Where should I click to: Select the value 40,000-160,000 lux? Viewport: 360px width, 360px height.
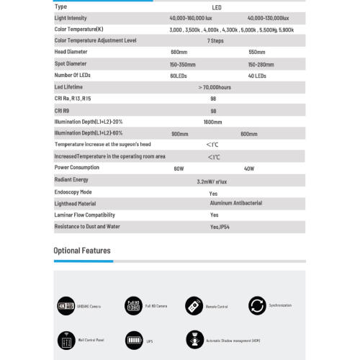click(194, 17)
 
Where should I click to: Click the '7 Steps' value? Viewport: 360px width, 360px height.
click(214, 40)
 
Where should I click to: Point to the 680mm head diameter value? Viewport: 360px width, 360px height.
click(179, 52)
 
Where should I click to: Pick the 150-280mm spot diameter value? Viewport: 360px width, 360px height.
click(261, 63)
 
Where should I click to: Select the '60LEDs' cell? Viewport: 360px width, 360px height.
click(179, 75)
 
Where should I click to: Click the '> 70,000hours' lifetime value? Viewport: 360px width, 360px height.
click(214, 86)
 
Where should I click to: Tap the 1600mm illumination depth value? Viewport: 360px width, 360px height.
click(213, 122)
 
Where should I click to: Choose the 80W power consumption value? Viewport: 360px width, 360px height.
click(179, 168)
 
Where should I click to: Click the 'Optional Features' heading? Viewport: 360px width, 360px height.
click(82, 251)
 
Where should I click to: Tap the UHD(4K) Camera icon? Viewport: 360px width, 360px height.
click(66, 306)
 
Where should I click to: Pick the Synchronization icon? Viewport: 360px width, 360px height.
click(257, 305)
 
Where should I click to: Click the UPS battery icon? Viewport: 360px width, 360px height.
click(134, 339)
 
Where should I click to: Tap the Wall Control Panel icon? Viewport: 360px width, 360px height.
click(66, 339)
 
